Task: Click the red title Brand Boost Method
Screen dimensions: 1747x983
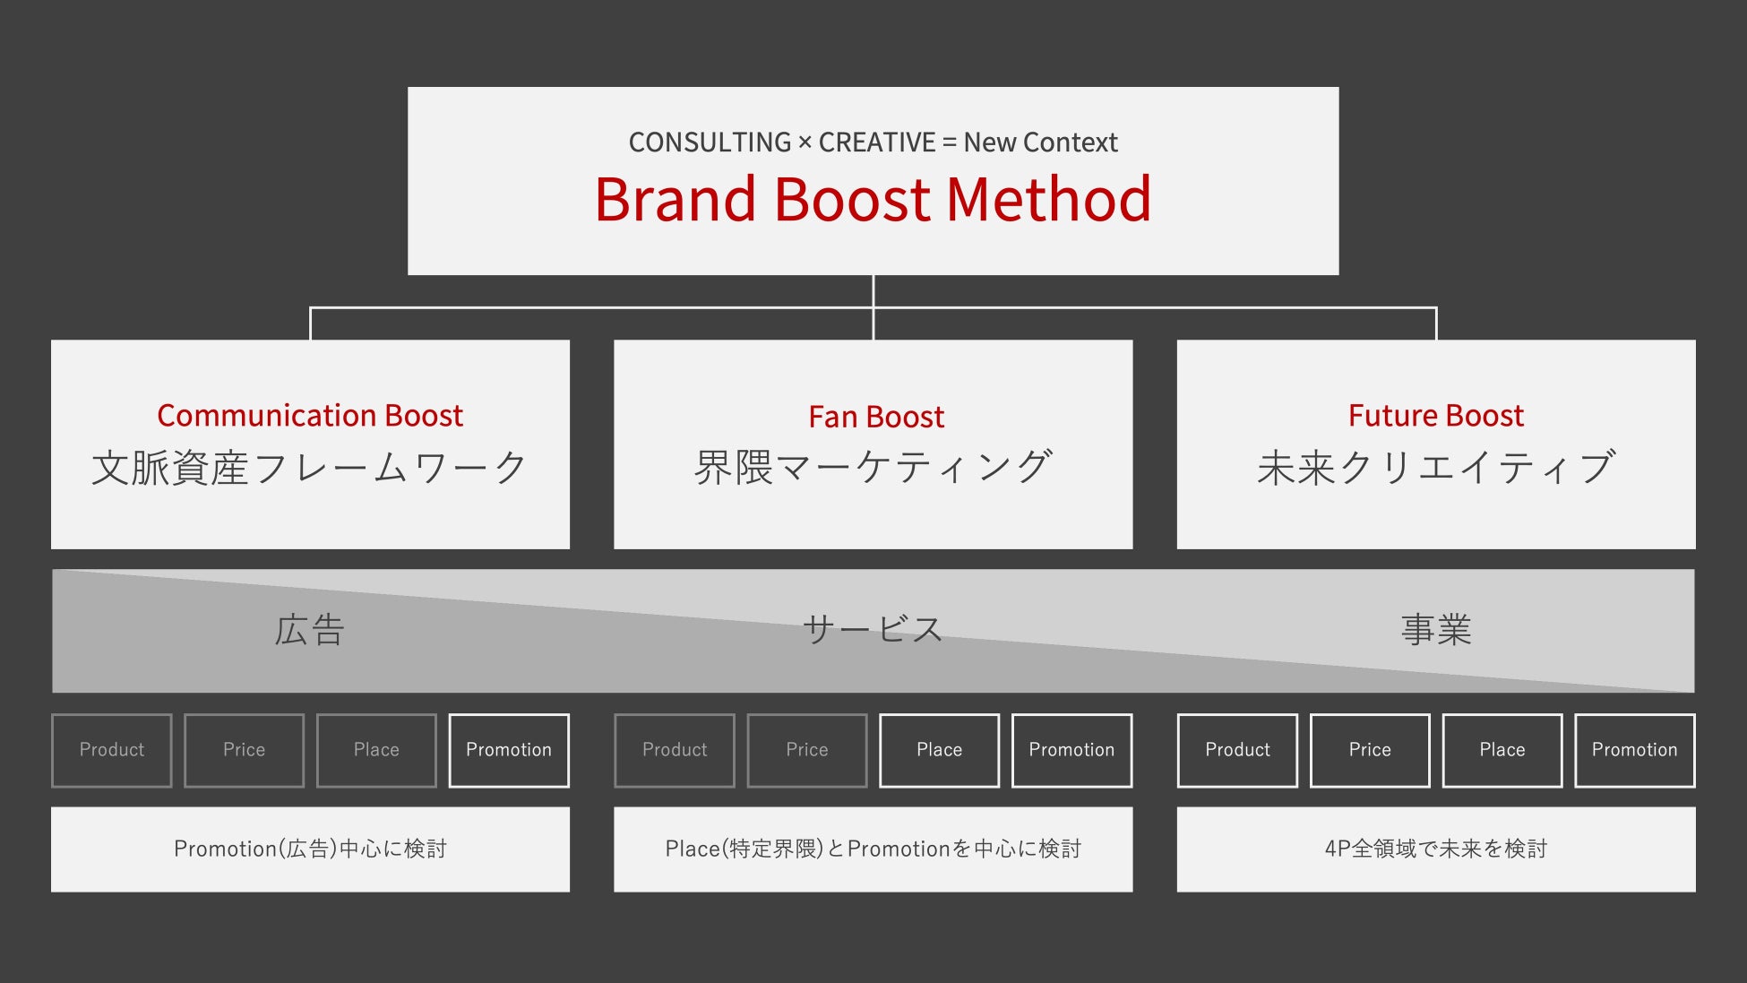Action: pos(873,199)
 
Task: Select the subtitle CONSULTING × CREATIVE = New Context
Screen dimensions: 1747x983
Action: pos(873,142)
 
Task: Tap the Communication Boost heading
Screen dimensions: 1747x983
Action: pos(310,416)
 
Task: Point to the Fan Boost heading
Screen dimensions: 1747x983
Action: pos(876,417)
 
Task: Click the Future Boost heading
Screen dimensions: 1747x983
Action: pos(1436,416)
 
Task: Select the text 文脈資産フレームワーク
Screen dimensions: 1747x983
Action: pos(310,468)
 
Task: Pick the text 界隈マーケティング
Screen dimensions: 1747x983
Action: pos(873,468)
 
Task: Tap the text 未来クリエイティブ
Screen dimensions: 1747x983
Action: pos(1436,468)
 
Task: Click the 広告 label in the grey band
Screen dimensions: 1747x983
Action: pos(310,630)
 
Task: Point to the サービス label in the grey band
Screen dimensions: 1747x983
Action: pos(873,630)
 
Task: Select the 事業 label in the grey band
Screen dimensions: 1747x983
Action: pos(1436,630)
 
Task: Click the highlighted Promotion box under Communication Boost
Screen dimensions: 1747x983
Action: pos(509,750)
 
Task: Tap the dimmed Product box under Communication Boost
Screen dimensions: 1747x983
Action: pos(112,750)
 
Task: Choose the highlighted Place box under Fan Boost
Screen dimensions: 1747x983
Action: pos(939,750)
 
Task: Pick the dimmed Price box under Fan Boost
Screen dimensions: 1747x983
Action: pos(807,750)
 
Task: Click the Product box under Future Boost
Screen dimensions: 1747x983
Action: pos(1237,750)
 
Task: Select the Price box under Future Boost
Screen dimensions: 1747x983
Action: pos(1370,750)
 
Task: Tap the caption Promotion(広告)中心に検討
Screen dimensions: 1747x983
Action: pos(310,849)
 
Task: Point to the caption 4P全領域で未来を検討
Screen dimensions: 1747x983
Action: pos(1436,849)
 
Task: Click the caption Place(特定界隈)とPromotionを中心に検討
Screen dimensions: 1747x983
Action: pos(873,849)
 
